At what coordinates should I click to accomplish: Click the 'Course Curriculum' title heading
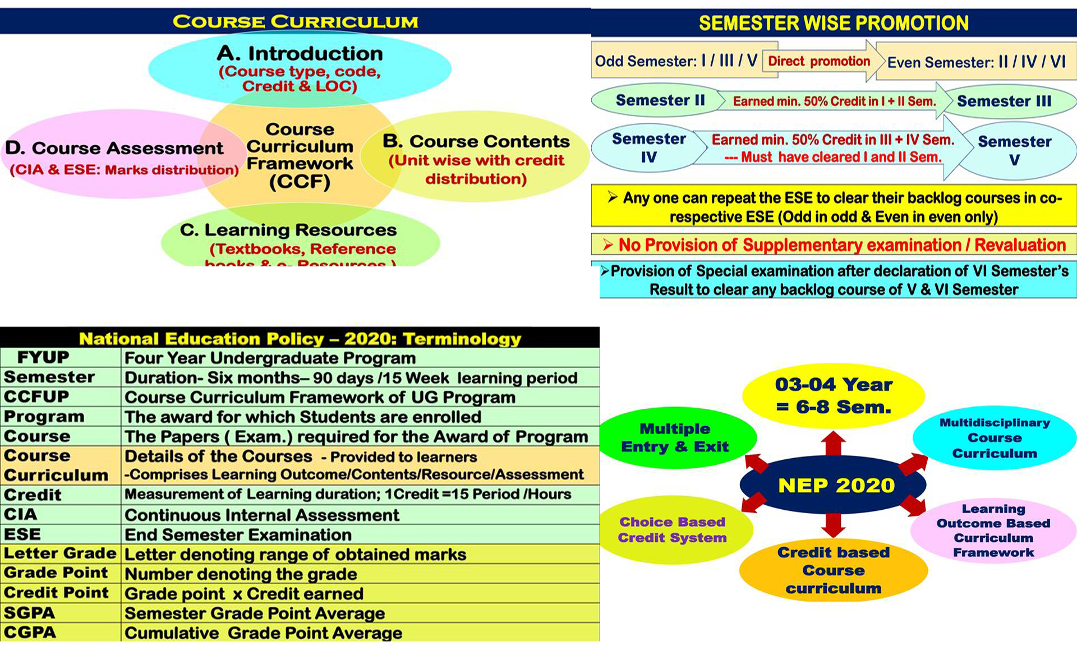pyautogui.click(x=296, y=22)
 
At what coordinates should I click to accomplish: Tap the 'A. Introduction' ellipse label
pyautogui.click(x=300, y=54)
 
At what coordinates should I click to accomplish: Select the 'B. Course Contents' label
pyautogui.click(x=476, y=141)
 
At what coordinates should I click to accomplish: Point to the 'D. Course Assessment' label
pyautogui.click(x=114, y=148)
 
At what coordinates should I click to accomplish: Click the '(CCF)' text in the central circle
pyautogui.click(x=300, y=182)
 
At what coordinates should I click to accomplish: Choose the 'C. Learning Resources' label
pyautogui.click(x=288, y=230)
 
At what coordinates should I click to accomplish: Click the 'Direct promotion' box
pyautogui.click(x=818, y=61)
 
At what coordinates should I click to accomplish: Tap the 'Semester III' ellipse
pyautogui.click(x=1004, y=101)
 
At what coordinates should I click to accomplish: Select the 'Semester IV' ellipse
pyautogui.click(x=648, y=148)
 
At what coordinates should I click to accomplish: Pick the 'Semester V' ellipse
pyautogui.click(x=1014, y=150)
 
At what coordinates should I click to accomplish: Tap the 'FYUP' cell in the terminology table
pyautogui.click(x=43, y=357)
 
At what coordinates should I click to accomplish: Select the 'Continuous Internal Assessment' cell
pyautogui.click(x=262, y=515)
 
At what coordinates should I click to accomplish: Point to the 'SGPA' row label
pyautogui.click(x=29, y=612)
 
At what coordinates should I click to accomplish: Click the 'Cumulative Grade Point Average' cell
pyautogui.click(x=263, y=633)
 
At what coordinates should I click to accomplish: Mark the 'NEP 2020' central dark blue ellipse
pyautogui.click(x=836, y=485)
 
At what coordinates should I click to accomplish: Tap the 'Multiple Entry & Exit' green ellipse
pyautogui.click(x=675, y=438)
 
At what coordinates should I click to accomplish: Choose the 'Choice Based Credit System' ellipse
pyautogui.click(x=672, y=530)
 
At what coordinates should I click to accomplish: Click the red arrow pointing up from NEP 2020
pyautogui.click(x=833, y=444)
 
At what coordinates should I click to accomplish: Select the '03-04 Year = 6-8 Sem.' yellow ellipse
pyautogui.click(x=834, y=396)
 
